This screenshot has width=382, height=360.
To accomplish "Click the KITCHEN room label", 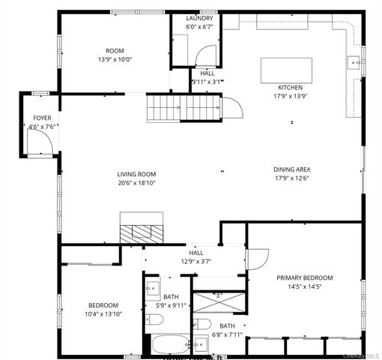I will point(290,87).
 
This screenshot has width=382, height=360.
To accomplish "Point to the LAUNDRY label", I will point(199,18).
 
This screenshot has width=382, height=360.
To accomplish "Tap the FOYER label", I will point(42,118).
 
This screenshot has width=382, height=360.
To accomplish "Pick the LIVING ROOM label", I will point(136,174).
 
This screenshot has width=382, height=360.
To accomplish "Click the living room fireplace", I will point(142,229).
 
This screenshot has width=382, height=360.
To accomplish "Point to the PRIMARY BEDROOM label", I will point(304,277).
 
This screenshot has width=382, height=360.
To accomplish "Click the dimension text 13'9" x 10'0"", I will point(115,60).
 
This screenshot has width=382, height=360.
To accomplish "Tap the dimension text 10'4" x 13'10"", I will point(103,314).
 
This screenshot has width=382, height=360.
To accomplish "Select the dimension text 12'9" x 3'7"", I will point(196,262).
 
